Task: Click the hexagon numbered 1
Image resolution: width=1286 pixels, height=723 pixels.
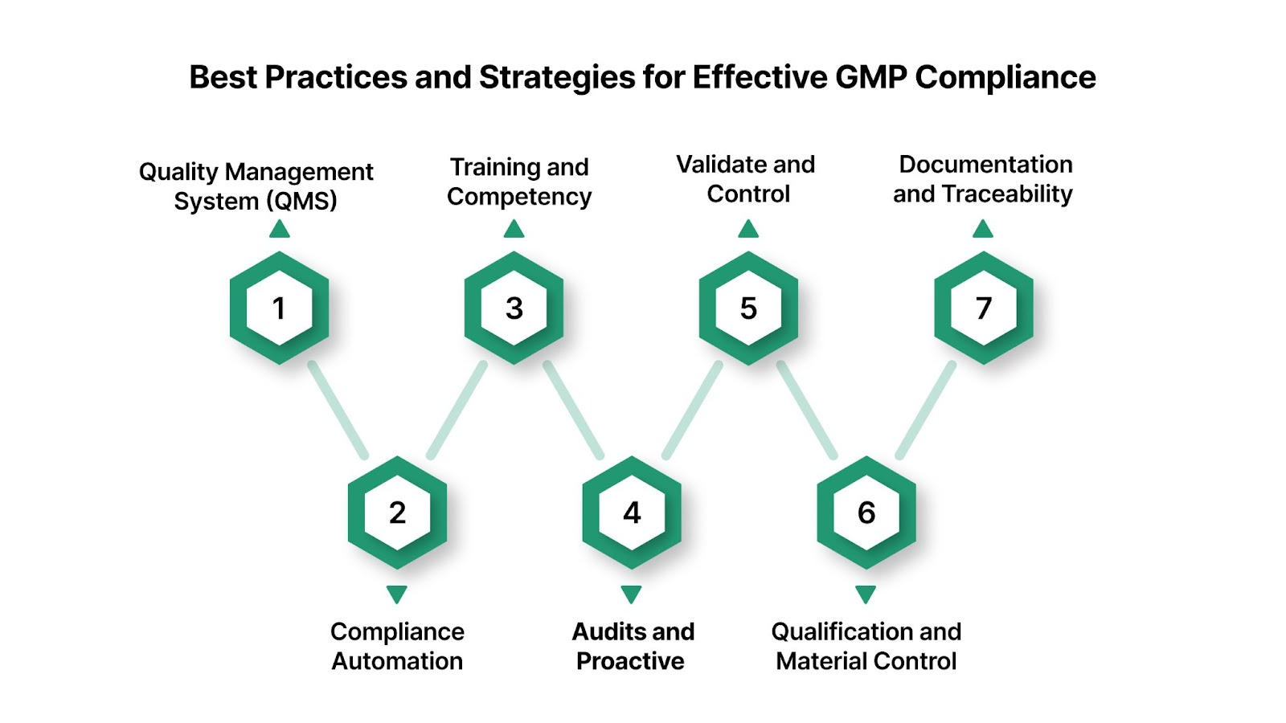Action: pyautogui.click(x=279, y=308)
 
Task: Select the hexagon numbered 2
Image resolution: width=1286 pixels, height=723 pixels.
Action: pyautogui.click(x=397, y=513)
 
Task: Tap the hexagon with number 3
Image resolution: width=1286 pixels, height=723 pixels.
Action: pyautogui.click(x=514, y=308)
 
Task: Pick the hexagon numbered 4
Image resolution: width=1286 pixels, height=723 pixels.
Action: pyautogui.click(x=632, y=513)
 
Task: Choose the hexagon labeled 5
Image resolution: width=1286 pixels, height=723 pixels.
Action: pyautogui.click(x=748, y=308)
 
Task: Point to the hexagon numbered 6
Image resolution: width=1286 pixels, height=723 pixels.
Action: pyautogui.click(x=866, y=513)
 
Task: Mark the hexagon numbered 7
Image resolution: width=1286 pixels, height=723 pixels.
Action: pyautogui.click(x=983, y=308)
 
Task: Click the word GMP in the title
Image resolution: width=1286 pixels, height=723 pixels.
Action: pyautogui.click(x=871, y=78)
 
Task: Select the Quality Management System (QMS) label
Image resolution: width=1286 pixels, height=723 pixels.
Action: pyautogui.click(x=256, y=186)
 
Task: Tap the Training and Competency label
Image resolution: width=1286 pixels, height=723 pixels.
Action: pyautogui.click(x=519, y=182)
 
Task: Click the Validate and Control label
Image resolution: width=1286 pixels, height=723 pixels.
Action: pyautogui.click(x=747, y=179)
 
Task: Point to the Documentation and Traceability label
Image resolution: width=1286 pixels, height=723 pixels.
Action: pyautogui.click(x=984, y=179)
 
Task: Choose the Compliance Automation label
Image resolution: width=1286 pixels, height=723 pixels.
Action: pyautogui.click(x=397, y=646)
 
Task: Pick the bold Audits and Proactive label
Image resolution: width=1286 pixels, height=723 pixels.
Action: pyautogui.click(x=633, y=646)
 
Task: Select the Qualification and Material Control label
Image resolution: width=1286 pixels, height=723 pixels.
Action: pyautogui.click(x=866, y=646)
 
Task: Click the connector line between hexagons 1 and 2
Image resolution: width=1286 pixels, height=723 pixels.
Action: pyautogui.click(x=338, y=411)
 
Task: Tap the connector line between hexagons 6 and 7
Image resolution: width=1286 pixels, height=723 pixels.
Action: pyautogui.click(x=926, y=411)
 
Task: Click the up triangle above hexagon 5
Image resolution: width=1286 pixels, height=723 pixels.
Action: pyautogui.click(x=748, y=231)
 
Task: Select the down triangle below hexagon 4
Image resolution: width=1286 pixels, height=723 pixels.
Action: pyautogui.click(x=632, y=594)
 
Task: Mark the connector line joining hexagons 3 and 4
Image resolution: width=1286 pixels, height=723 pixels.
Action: pyautogui.click(x=573, y=411)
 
